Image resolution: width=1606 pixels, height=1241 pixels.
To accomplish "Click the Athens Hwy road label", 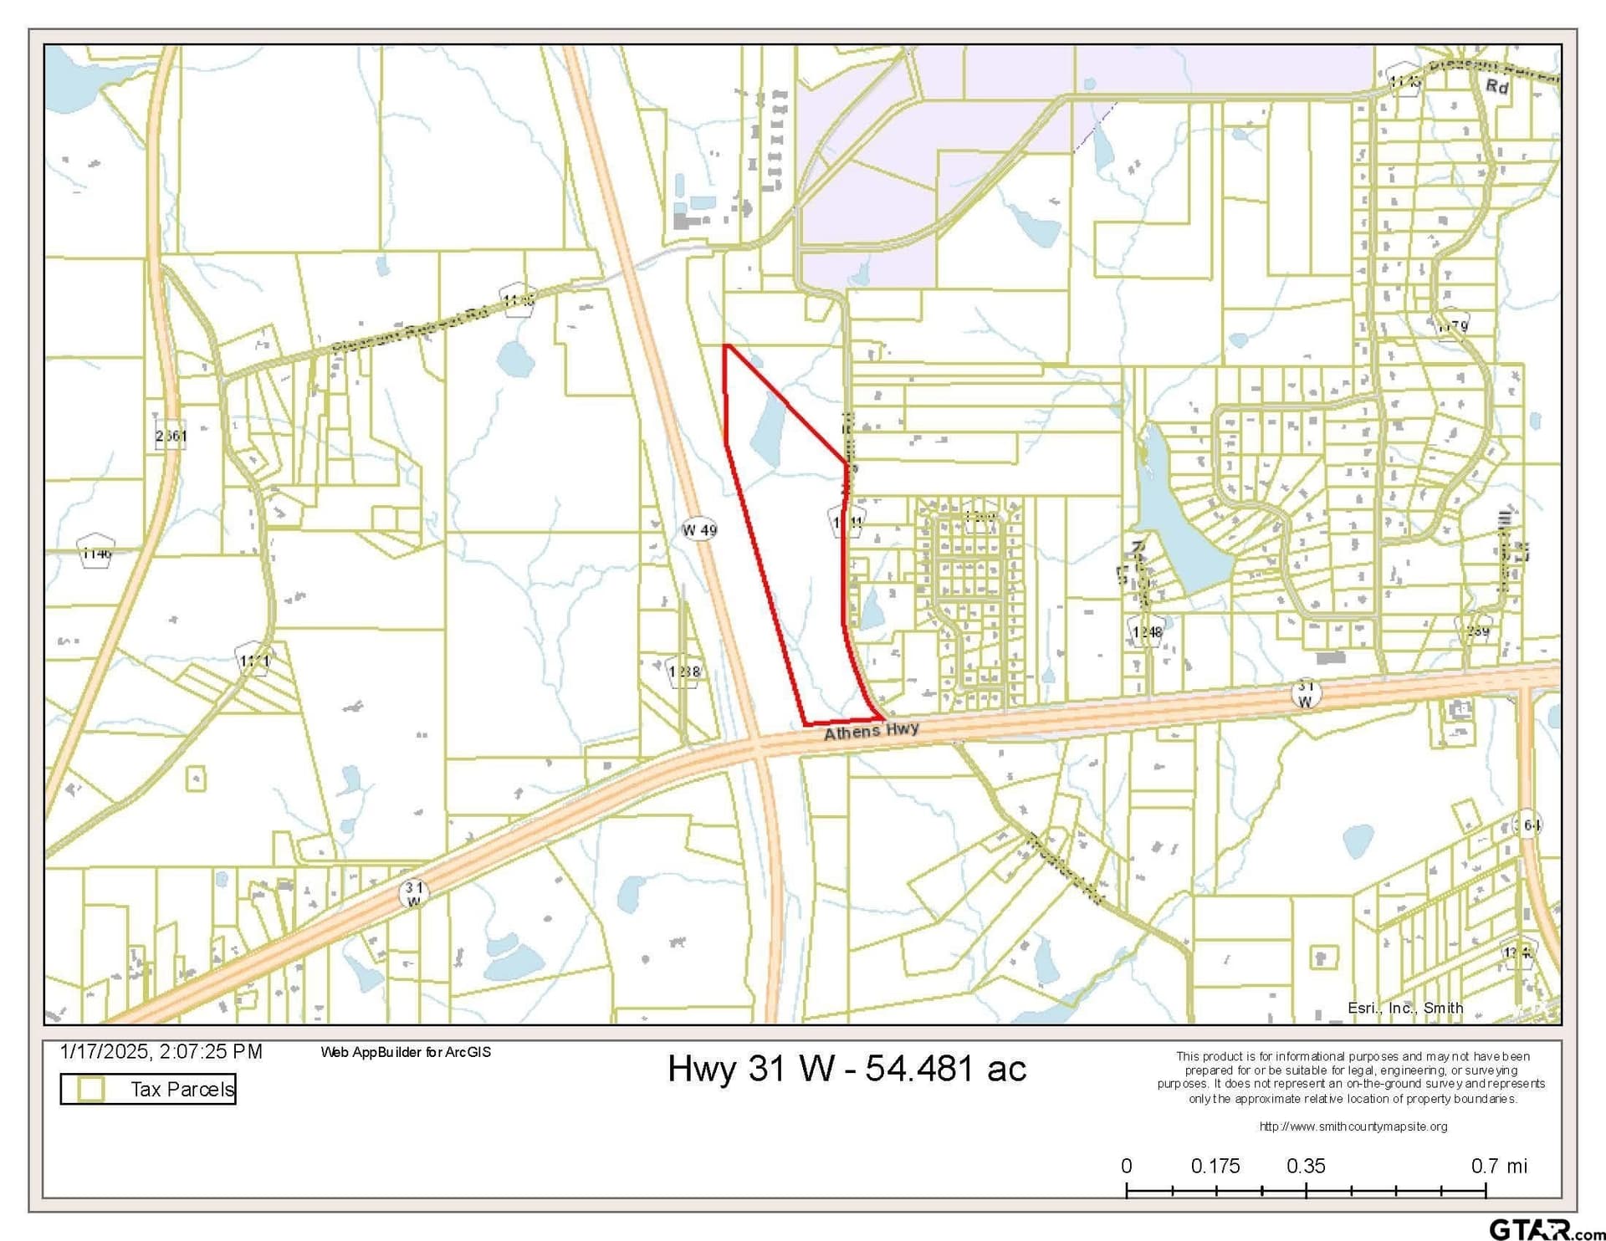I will (871, 731).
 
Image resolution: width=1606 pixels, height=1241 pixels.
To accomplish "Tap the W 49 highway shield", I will (699, 529).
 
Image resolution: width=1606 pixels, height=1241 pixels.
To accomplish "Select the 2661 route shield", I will (171, 436).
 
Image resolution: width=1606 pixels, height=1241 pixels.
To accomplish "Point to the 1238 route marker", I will (684, 671).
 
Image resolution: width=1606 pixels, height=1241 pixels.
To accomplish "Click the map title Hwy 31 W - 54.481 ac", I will (846, 1068).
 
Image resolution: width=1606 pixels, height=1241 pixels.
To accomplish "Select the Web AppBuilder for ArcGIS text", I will (406, 1052).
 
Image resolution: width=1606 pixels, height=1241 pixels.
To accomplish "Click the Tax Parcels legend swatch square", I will (90, 1089).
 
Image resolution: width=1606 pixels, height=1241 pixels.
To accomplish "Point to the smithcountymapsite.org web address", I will (1353, 1126).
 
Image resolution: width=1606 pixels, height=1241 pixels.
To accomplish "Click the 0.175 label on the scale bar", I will (1215, 1166).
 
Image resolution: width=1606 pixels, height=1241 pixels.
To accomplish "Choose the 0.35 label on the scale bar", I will (1306, 1166).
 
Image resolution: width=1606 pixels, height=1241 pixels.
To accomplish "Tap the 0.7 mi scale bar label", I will (1499, 1166).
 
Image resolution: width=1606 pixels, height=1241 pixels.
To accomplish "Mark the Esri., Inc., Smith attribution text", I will (1405, 1008).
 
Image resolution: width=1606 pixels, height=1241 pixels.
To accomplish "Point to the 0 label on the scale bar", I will (1127, 1166).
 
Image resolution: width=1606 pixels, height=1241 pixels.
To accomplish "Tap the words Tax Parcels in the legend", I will (182, 1089).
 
